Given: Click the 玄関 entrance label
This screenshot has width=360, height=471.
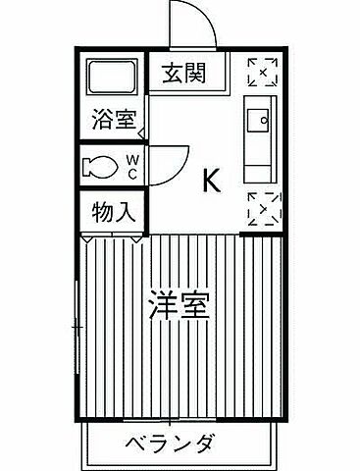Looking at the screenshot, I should point(184,72).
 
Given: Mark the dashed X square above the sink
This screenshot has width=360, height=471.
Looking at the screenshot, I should point(262,72).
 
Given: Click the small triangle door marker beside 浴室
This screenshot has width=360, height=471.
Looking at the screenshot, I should point(141,131).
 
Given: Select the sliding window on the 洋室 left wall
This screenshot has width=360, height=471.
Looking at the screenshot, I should point(77,324).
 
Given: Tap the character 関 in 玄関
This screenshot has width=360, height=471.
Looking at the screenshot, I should point(197,72).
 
